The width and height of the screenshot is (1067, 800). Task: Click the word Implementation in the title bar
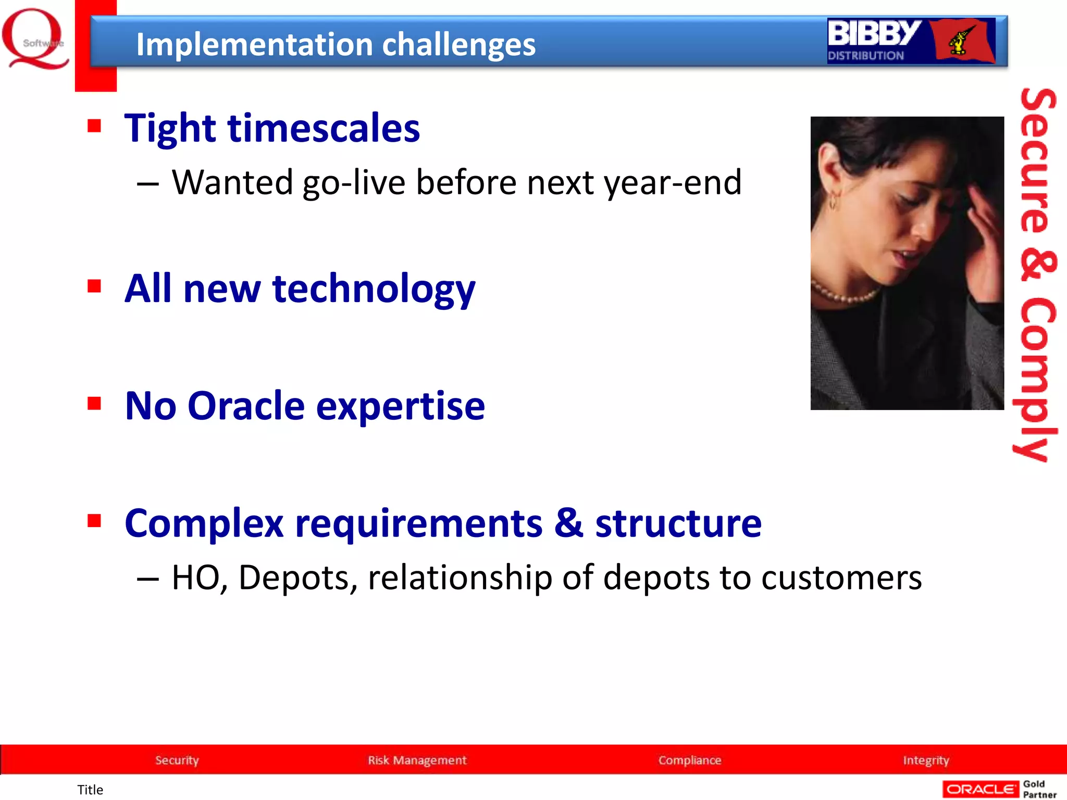pyautogui.click(x=253, y=45)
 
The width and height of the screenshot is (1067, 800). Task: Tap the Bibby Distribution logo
pyautogui.click(x=911, y=41)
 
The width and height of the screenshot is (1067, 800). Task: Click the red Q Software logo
pyautogui.click(x=35, y=40)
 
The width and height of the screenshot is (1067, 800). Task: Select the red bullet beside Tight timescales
pyautogui.click(x=94, y=126)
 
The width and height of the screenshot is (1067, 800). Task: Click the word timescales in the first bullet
pyautogui.click(x=324, y=129)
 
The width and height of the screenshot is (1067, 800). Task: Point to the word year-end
pyautogui.click(x=672, y=183)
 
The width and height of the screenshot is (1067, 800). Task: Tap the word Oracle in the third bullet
pyautogui.click(x=246, y=406)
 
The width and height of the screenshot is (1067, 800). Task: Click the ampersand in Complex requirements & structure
pyautogui.click(x=568, y=523)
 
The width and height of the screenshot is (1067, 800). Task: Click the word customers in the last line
pyautogui.click(x=841, y=578)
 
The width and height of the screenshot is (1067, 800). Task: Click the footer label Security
pyautogui.click(x=177, y=760)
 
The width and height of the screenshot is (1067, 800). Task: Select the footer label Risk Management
pyautogui.click(x=417, y=760)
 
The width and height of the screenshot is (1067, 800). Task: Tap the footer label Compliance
pyautogui.click(x=689, y=760)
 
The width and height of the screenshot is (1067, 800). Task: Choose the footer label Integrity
pyautogui.click(x=926, y=760)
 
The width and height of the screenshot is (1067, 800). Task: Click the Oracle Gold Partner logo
pyautogui.click(x=999, y=789)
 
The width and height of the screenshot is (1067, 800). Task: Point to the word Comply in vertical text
pyautogui.click(x=1037, y=380)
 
